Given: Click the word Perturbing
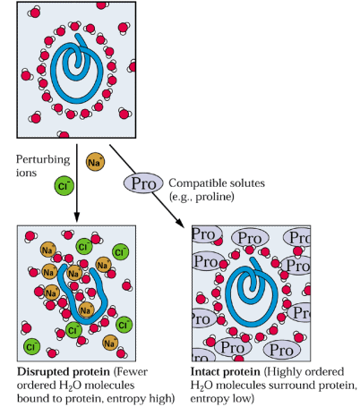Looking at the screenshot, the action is [43, 160].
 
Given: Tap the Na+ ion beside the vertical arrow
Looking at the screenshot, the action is [96, 162].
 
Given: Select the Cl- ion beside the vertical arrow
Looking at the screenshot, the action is [64, 186].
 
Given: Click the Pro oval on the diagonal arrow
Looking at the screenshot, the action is [143, 183].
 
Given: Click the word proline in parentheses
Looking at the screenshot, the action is [215, 197].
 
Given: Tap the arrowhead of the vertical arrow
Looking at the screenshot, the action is [77, 216].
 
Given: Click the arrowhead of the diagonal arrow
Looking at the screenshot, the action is [180, 223].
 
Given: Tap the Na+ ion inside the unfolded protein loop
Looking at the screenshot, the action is [86, 310].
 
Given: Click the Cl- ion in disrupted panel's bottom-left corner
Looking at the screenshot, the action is [31, 346].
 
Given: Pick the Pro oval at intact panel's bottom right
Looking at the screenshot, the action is [282, 350].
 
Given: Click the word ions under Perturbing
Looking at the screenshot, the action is [26, 173].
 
